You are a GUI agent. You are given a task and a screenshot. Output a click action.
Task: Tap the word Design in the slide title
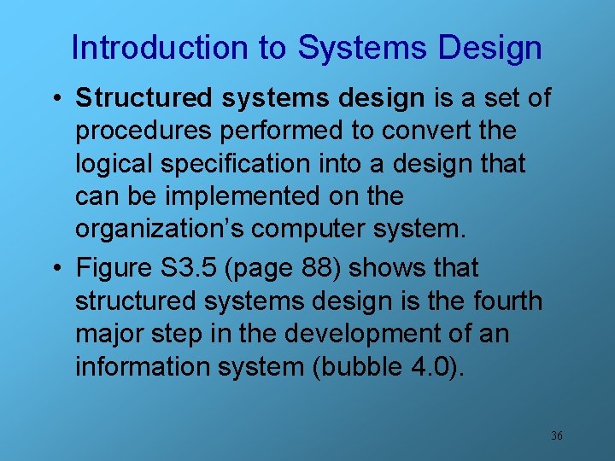[489, 48]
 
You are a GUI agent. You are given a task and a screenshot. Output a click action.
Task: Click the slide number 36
[556, 435]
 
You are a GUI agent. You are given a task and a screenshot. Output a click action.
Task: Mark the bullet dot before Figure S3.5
[56, 269]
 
